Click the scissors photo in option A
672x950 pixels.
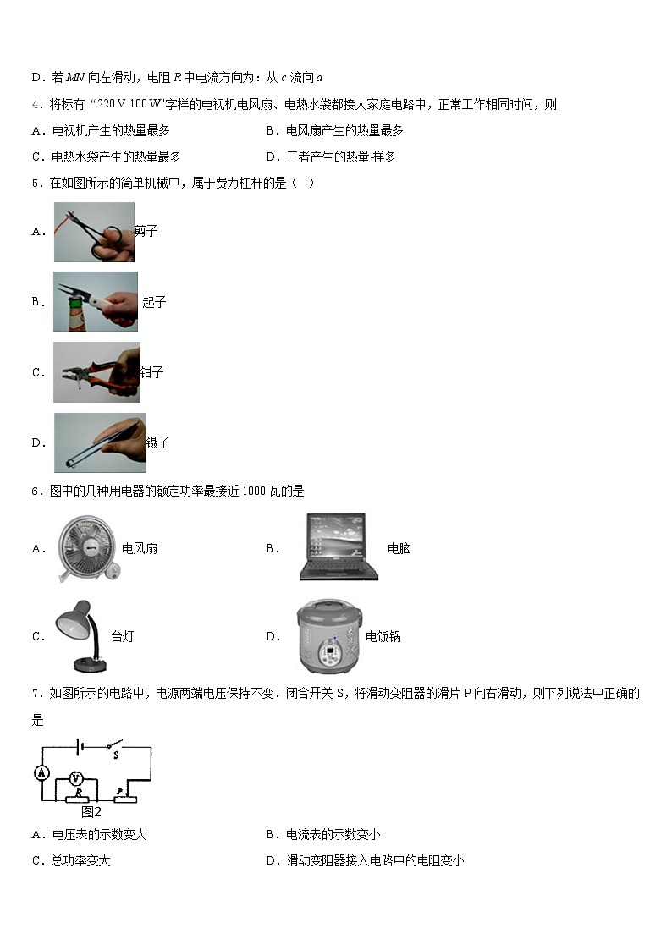(x=94, y=232)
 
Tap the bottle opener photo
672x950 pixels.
(x=95, y=301)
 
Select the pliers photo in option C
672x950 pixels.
(x=96, y=372)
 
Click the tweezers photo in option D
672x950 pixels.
(x=100, y=442)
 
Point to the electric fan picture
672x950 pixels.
(x=85, y=548)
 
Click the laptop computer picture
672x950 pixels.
(x=338, y=547)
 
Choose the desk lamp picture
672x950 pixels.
(x=81, y=636)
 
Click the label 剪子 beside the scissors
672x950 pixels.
(x=146, y=231)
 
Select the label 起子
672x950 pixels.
(x=154, y=302)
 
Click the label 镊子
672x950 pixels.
(x=157, y=442)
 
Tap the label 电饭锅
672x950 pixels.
(x=383, y=636)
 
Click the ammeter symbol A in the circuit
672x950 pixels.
(x=39, y=772)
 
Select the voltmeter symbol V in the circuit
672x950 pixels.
(x=75, y=777)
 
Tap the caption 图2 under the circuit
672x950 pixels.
(x=91, y=811)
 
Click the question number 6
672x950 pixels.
(x=35, y=491)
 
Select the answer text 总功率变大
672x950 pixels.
(x=81, y=860)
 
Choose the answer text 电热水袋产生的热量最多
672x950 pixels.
(x=116, y=157)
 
